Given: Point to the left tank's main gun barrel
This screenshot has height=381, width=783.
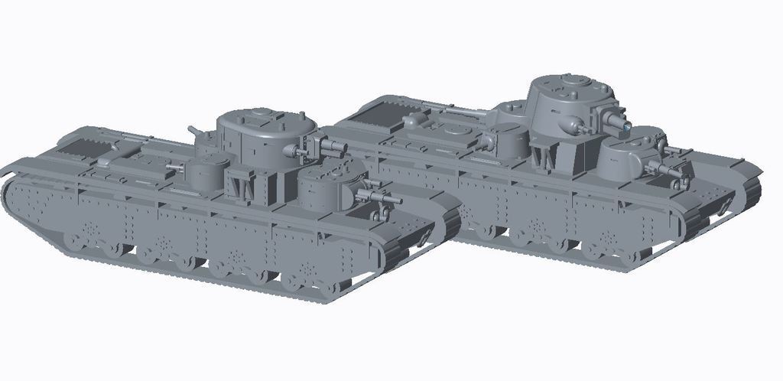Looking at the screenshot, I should click(333, 143).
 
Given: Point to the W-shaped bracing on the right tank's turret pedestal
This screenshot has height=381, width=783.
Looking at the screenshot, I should click(547, 157).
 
